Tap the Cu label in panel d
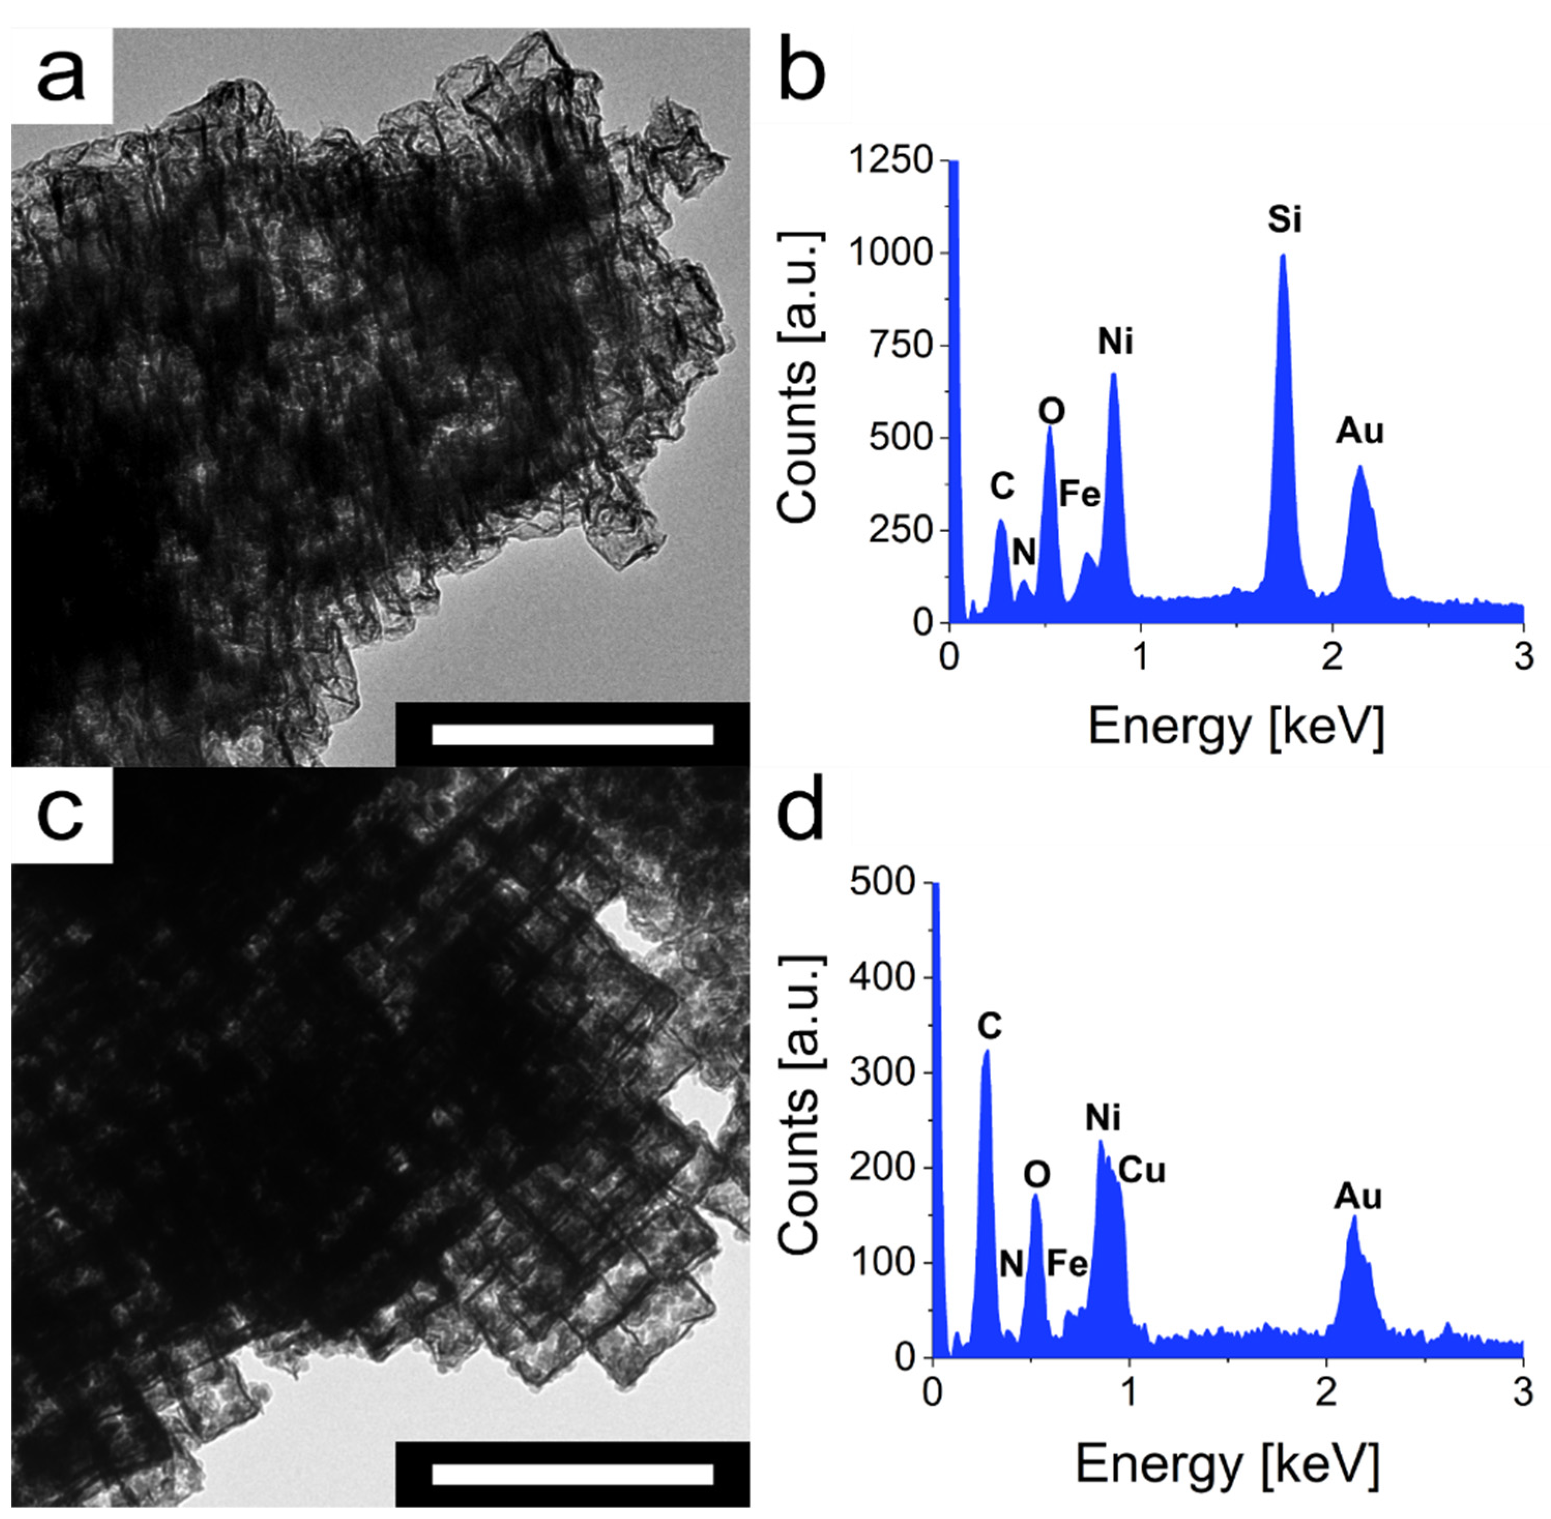[x=1142, y=1170]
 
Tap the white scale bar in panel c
[x=572, y=1473]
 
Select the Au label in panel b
[x=1359, y=432]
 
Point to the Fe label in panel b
[x=1079, y=495]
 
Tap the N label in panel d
[x=1011, y=1264]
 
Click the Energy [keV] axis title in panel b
[x=1235, y=726]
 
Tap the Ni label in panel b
[x=1115, y=342]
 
